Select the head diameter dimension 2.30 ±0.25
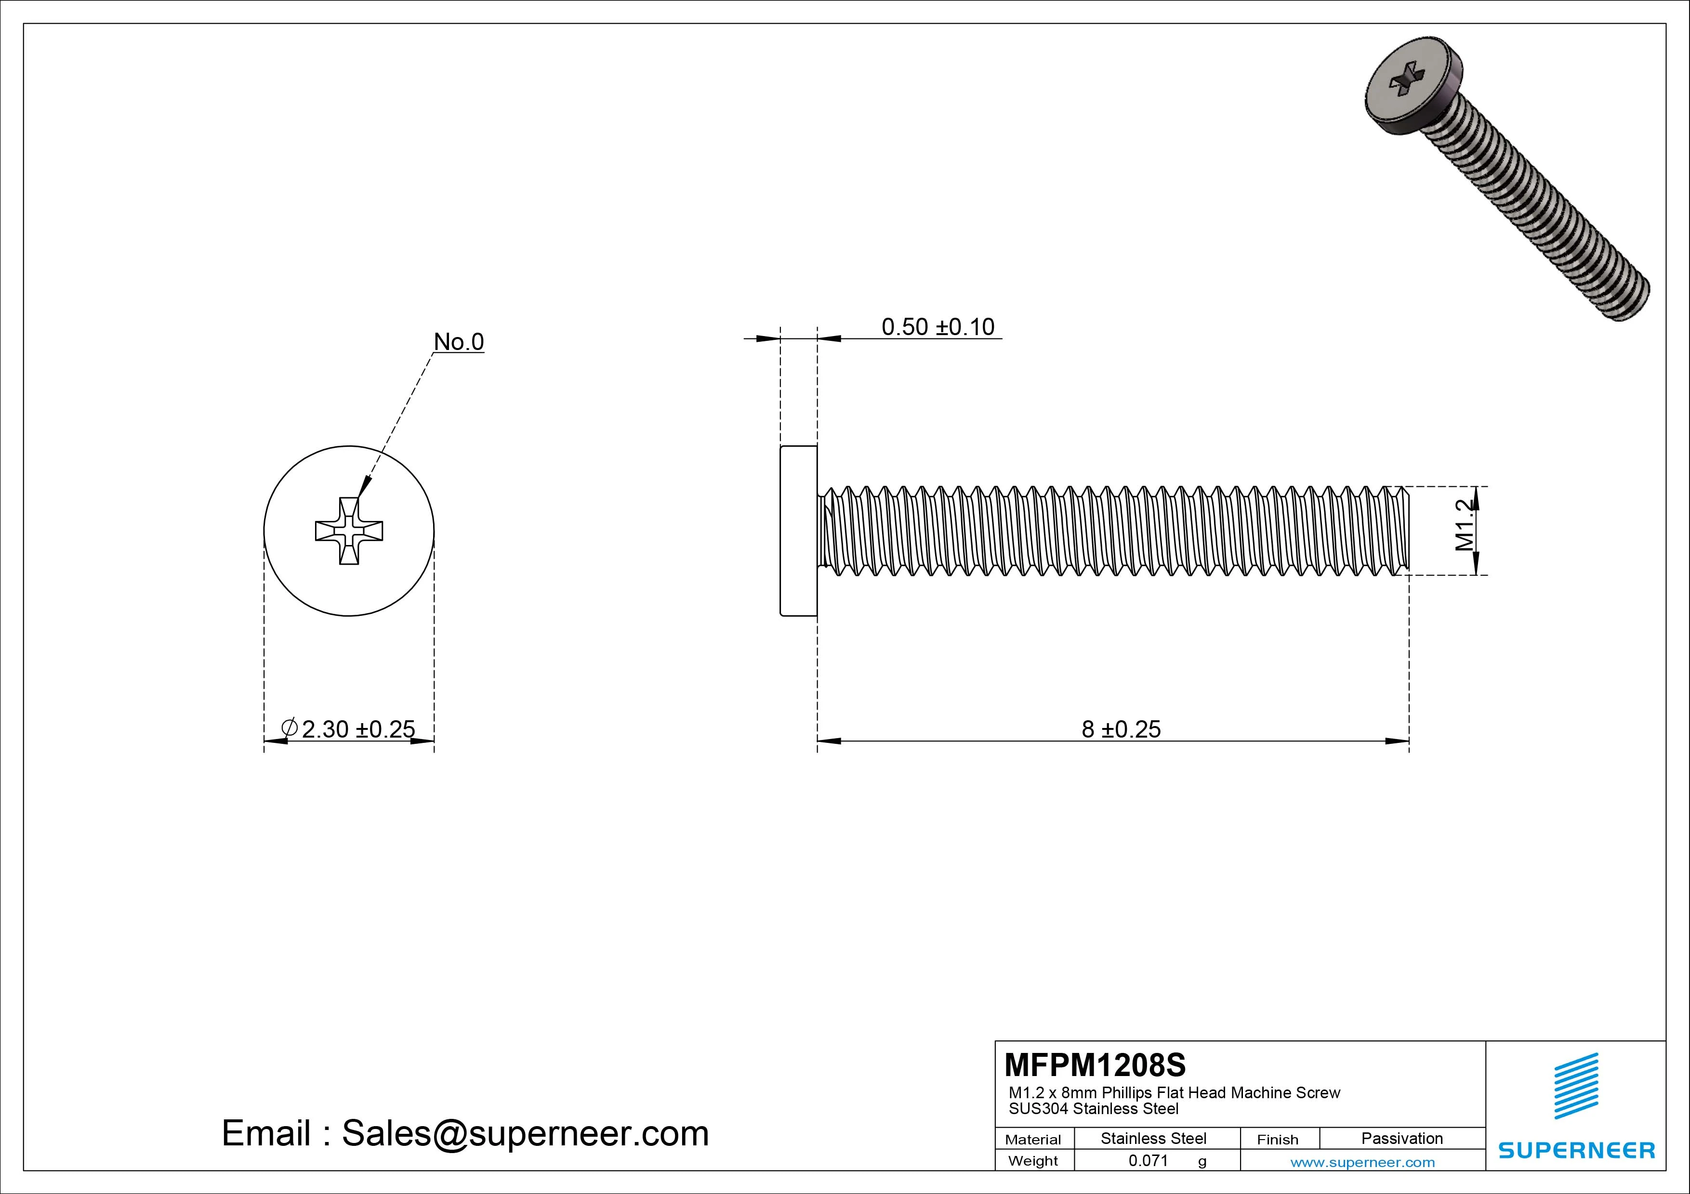(x=358, y=729)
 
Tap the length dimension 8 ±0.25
(x=1120, y=729)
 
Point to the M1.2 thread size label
(x=1465, y=525)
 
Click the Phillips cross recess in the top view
(x=349, y=531)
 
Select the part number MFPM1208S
(x=1095, y=1064)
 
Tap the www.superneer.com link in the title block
(x=1362, y=1162)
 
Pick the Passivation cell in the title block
(x=1401, y=1138)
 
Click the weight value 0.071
(x=1148, y=1161)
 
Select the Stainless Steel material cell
(x=1153, y=1138)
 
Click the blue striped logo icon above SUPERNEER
(x=1576, y=1086)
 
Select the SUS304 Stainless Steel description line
(x=1093, y=1109)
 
